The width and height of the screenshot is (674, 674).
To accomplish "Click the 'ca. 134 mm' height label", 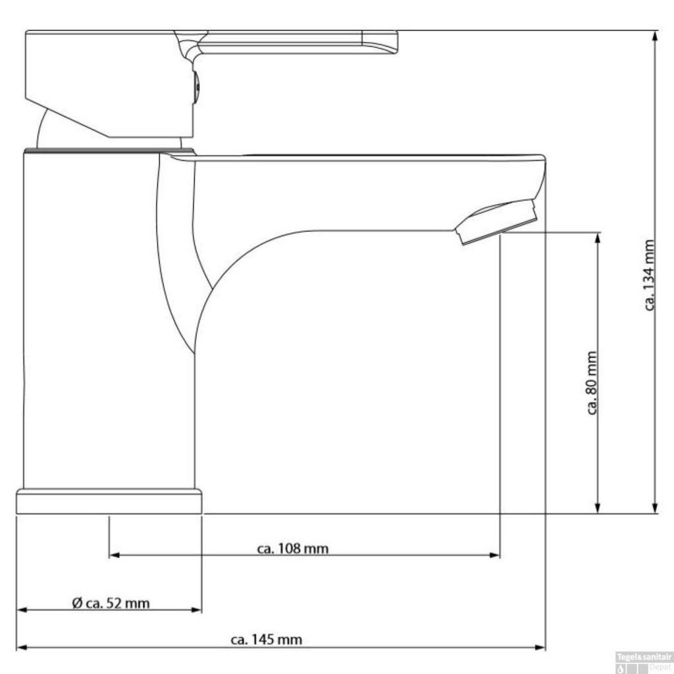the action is (650, 275).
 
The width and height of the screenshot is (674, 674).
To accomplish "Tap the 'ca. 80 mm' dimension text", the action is (592, 383).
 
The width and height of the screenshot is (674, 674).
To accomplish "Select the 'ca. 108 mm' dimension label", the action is (293, 549).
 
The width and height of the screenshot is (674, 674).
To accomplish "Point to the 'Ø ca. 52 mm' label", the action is (111, 604).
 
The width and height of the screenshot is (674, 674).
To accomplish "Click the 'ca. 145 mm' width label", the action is (267, 640).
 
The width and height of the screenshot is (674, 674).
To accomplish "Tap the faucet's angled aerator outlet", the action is (497, 222).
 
